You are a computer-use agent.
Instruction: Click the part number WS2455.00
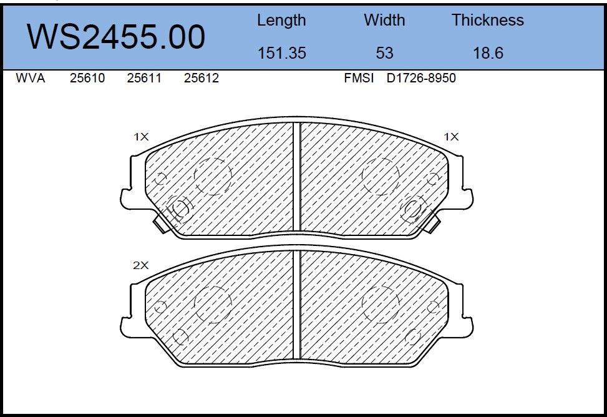pyautogui.click(x=116, y=36)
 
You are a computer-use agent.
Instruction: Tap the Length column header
pyautogui.click(x=281, y=21)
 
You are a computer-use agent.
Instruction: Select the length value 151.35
pyautogui.click(x=282, y=52)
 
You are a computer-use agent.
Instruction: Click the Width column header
pyautogui.click(x=384, y=20)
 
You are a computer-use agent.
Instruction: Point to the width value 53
pyautogui.click(x=384, y=52)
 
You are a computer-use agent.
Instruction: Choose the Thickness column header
pyautogui.click(x=488, y=20)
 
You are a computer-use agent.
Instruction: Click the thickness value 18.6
pyautogui.click(x=488, y=52)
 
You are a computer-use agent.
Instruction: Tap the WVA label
pyautogui.click(x=30, y=78)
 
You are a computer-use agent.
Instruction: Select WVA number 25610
pyautogui.click(x=87, y=78)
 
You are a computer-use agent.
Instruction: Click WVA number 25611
pyautogui.click(x=144, y=78)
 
